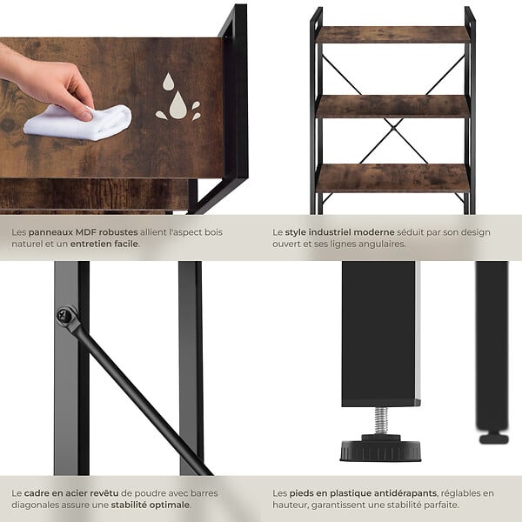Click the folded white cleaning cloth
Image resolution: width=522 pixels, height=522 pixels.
point(78,122)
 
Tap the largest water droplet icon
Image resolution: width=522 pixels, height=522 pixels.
point(178,105)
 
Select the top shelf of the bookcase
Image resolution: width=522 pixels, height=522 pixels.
point(393,35)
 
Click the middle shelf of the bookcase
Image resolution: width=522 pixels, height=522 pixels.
point(393,106)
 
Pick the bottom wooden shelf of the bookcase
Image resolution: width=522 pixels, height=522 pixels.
point(393,178)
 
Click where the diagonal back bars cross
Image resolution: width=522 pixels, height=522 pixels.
point(393,128)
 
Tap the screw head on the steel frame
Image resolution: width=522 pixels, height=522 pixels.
point(63,315)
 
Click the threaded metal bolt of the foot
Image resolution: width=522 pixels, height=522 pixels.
point(381,421)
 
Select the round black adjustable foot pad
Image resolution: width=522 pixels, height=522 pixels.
point(380,449)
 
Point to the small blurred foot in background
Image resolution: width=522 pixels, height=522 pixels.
point(493,438)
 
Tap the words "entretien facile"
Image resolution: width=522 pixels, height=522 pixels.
point(104,244)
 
